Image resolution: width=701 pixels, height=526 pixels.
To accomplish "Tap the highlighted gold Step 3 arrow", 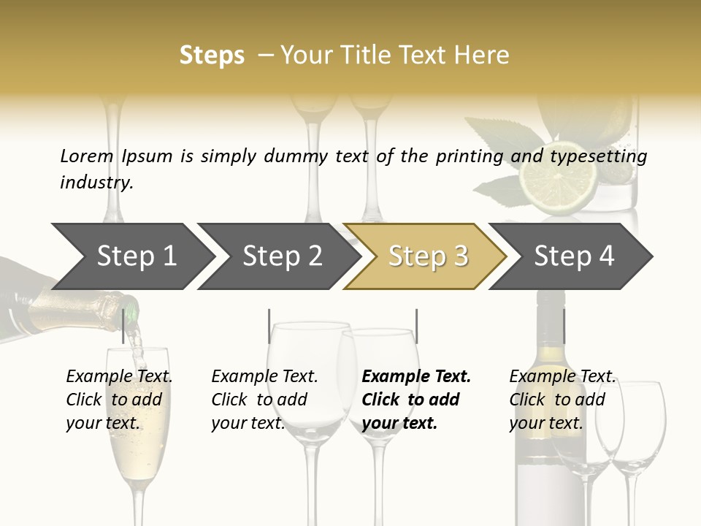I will (428, 256).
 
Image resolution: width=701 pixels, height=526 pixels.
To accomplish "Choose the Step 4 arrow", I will (574, 256).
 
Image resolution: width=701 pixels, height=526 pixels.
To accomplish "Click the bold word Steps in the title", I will (212, 56).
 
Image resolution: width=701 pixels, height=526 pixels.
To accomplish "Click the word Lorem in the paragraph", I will (86, 156).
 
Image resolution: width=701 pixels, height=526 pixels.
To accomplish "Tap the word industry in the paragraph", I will (96, 183).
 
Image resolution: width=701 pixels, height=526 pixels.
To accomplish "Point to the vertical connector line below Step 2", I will (269, 326).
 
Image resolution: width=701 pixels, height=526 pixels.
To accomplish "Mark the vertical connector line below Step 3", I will (416, 326).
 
